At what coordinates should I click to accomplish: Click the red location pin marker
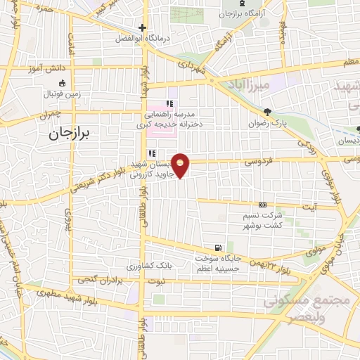[x=181, y=165]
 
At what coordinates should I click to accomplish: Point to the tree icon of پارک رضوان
[x=267, y=112]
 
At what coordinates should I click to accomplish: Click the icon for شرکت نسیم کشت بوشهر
[x=263, y=204]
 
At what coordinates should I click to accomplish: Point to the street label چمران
[x=51, y=113]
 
